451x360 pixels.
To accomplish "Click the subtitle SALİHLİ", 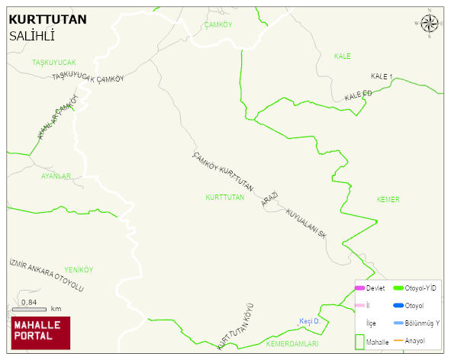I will [31, 36].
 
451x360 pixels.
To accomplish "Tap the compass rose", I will [430, 25].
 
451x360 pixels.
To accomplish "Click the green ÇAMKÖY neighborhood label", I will [218, 25].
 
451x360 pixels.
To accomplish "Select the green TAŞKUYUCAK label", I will [54, 62].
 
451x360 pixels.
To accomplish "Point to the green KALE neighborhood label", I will [342, 56].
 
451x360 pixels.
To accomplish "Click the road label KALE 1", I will [381, 77].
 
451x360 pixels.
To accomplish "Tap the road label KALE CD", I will [357, 95].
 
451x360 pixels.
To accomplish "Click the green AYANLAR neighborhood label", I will [56, 175].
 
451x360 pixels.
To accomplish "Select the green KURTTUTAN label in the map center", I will [224, 197].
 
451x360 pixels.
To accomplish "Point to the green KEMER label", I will [388, 199].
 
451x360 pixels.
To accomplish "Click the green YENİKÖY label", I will [79, 270].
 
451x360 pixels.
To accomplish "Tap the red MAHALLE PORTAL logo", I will [40, 333].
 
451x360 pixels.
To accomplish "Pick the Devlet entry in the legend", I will [374, 288].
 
